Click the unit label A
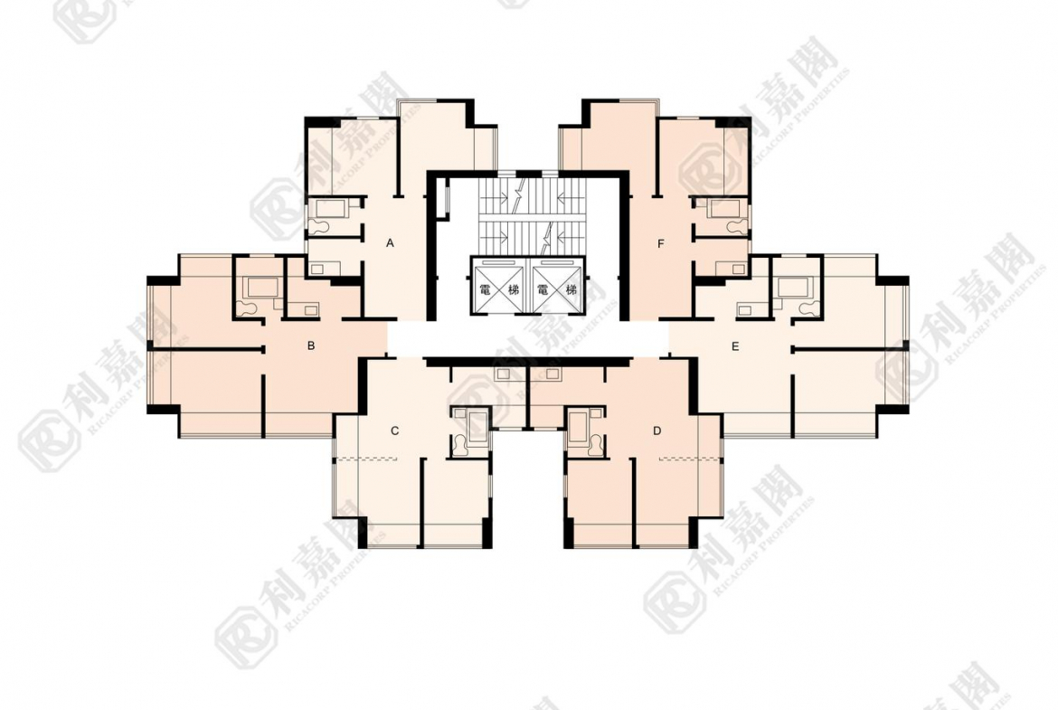[x=390, y=243]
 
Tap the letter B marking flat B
[x=311, y=346]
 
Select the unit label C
[x=395, y=431]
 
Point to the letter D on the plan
[x=657, y=431]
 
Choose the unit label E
[x=735, y=347]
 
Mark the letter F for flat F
[x=661, y=243]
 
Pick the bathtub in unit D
[x=579, y=426]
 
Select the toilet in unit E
[x=807, y=308]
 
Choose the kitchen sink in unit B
[x=310, y=310]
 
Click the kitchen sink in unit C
[x=503, y=374]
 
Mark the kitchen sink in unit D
[x=553, y=374]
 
